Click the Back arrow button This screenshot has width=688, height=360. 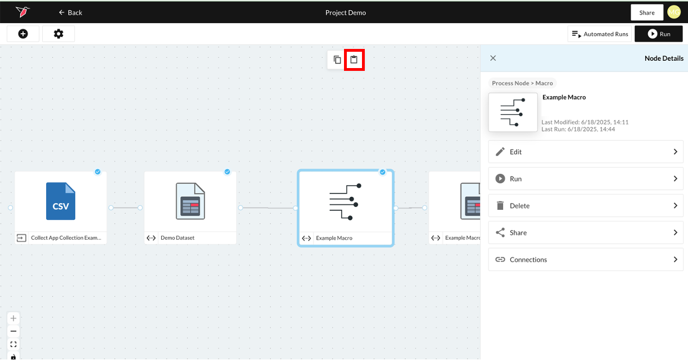70,12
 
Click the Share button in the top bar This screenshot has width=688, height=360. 647,12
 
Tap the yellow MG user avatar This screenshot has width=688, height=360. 674,12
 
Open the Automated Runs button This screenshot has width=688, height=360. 600,34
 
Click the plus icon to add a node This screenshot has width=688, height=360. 23,34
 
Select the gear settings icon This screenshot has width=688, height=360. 58,34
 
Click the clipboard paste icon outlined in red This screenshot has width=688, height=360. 354,60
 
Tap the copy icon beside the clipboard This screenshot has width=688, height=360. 337,60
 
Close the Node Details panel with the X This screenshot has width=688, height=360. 493,58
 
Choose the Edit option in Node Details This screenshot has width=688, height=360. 586,152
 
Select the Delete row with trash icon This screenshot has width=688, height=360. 586,206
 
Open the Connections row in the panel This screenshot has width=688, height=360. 586,260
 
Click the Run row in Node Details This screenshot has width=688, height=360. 586,179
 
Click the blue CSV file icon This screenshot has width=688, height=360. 61,201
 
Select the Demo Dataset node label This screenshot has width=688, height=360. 178,238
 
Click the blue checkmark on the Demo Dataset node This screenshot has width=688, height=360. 227,172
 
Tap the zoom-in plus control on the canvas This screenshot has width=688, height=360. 13,318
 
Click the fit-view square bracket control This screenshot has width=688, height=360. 13,344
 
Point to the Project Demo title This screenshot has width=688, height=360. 346,12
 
